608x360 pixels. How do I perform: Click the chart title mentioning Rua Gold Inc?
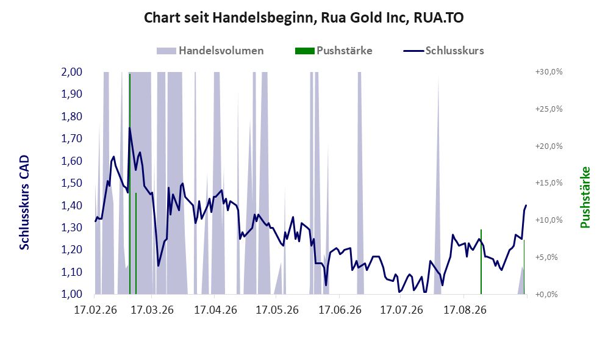coord(304,18)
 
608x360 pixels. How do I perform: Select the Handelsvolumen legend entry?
coord(210,51)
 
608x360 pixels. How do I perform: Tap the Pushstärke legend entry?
coord(334,51)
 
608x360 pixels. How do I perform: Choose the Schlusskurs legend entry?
coord(443,51)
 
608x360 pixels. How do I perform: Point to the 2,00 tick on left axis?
coord(72,72)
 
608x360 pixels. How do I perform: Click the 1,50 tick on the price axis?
coord(72,183)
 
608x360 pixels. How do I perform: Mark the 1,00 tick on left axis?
coord(72,294)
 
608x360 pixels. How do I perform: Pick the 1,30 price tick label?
coord(72,228)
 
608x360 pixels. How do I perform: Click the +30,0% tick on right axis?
coord(549,72)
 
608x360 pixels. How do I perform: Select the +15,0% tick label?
coord(549,182)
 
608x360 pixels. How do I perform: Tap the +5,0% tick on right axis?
coord(549,257)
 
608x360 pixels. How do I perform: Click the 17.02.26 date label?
coord(95,310)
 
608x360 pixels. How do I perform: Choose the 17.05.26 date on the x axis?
coord(277,310)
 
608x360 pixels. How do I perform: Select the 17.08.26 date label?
coord(465,310)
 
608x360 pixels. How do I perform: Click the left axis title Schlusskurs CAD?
coord(24,203)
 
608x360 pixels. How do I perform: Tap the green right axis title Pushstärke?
coord(585,198)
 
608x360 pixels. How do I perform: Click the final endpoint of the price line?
coord(526,205)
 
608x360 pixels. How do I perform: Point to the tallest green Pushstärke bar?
coord(130,184)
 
